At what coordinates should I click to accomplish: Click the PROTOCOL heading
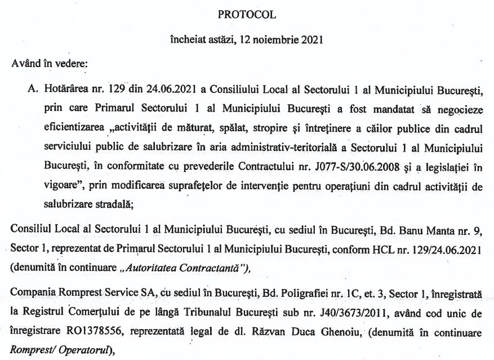point(247,15)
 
